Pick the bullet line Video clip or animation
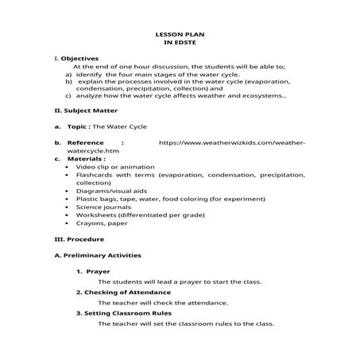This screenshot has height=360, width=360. click(109, 168)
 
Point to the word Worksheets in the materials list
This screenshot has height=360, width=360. click(94, 215)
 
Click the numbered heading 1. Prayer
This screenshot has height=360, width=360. click(99, 272)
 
